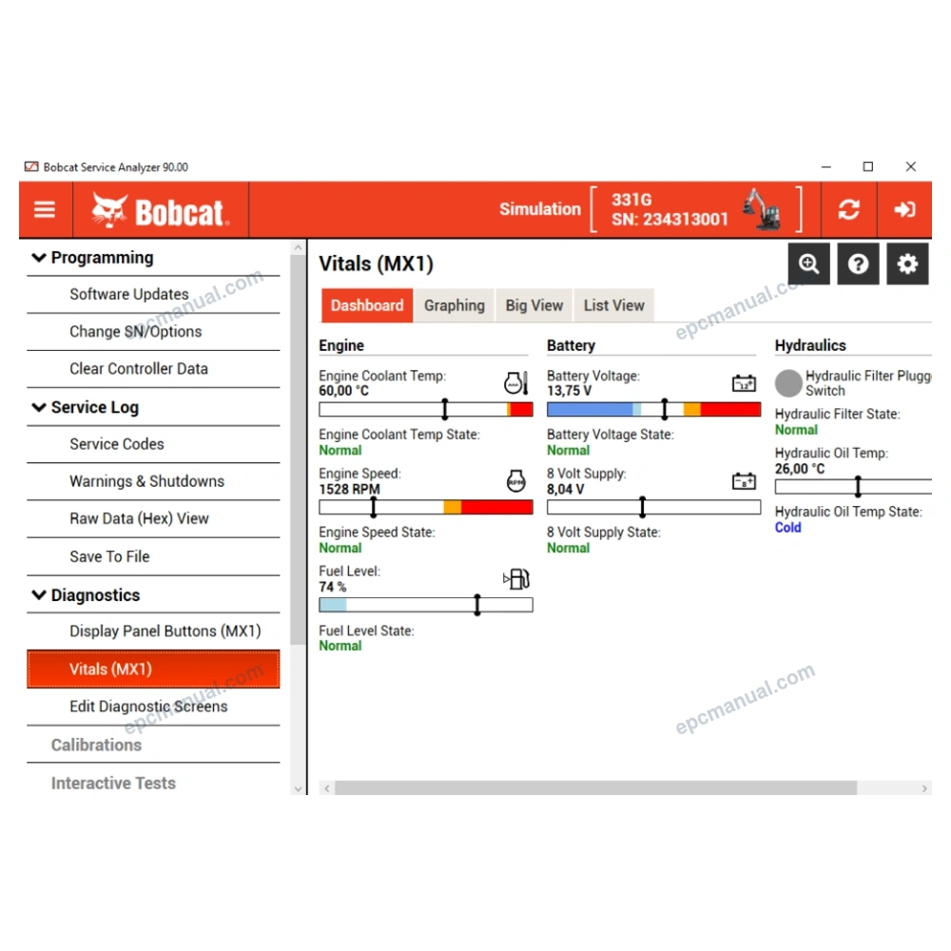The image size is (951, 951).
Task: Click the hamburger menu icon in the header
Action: click(45, 210)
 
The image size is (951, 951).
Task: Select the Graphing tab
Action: click(455, 305)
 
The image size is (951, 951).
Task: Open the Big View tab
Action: click(534, 305)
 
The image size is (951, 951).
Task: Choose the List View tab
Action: click(613, 305)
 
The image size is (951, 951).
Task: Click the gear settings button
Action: click(907, 263)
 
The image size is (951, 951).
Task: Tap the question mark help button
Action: click(858, 263)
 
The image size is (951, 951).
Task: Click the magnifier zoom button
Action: click(809, 263)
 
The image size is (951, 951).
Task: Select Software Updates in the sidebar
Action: click(129, 294)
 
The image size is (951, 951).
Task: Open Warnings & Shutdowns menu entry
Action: click(146, 481)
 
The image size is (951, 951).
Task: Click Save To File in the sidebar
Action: click(109, 556)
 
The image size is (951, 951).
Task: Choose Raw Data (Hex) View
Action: click(139, 518)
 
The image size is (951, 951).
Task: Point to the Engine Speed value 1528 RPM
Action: click(349, 489)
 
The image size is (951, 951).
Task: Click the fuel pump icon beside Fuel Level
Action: click(516, 579)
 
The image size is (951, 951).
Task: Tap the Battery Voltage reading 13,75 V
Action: click(569, 391)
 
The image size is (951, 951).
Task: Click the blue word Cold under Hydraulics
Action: click(787, 528)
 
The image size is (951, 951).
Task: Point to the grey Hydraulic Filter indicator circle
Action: click(788, 383)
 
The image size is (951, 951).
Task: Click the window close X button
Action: click(910, 166)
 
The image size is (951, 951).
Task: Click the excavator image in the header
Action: click(761, 209)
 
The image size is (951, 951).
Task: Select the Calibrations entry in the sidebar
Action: click(96, 745)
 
